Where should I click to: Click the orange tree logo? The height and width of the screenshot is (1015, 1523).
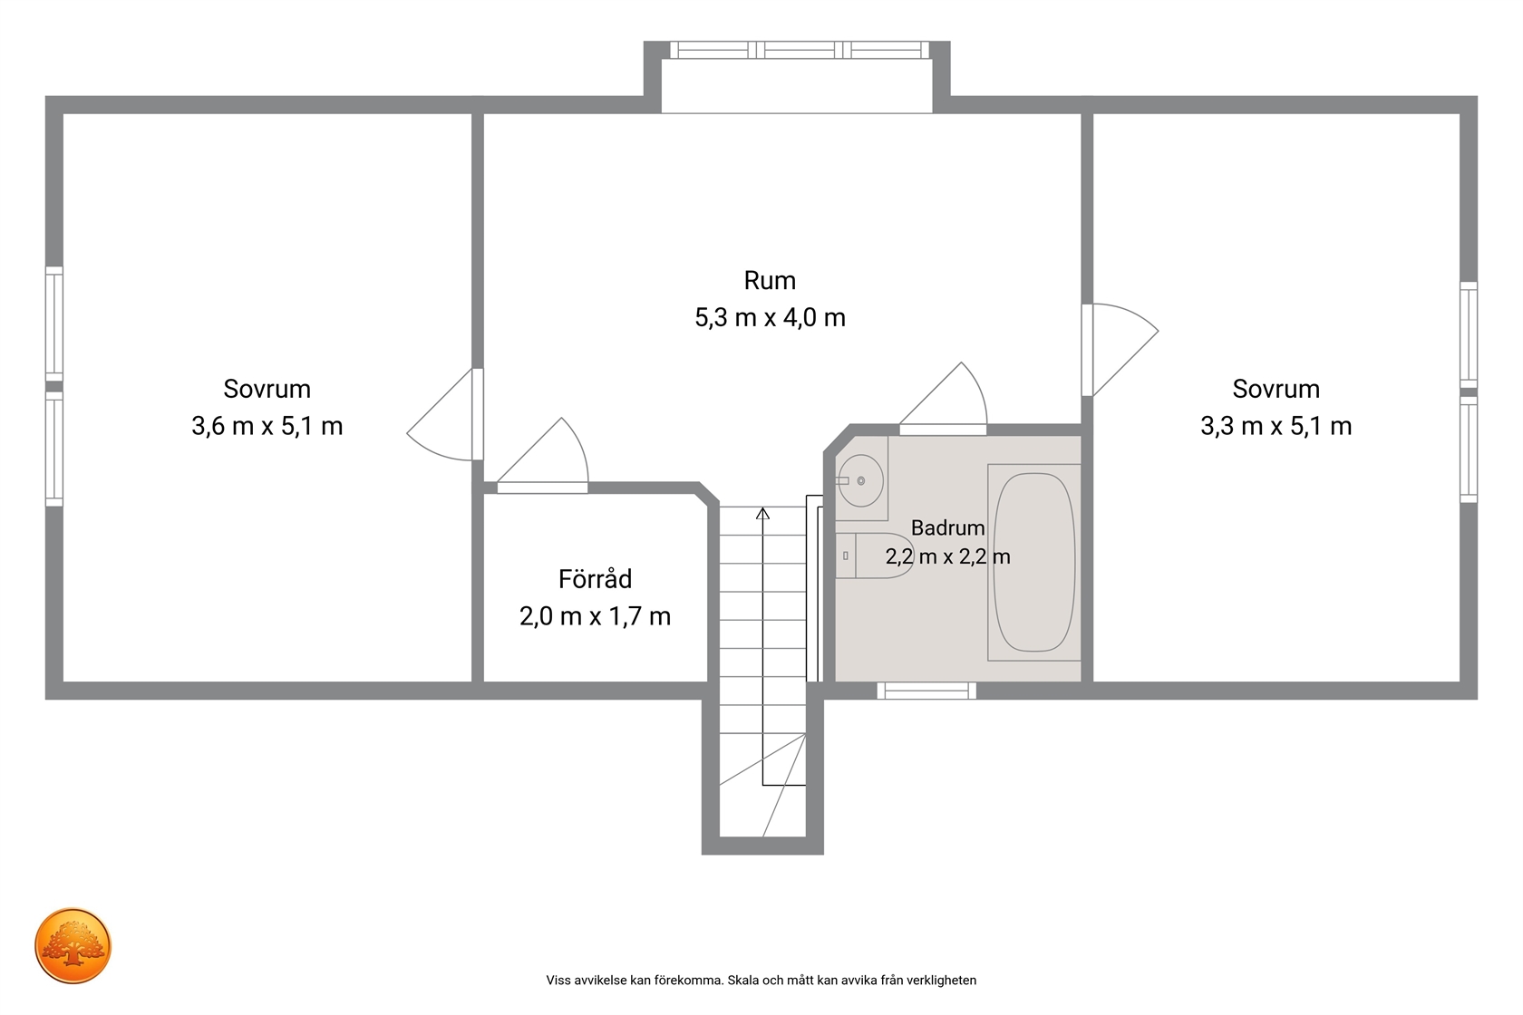[73, 945]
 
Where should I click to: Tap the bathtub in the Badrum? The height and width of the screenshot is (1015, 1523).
[1033, 562]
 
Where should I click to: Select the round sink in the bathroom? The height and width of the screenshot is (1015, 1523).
[860, 480]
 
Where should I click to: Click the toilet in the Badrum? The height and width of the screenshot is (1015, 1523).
[874, 556]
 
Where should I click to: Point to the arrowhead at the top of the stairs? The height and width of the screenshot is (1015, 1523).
[763, 513]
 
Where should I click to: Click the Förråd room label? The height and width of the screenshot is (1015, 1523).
[595, 578]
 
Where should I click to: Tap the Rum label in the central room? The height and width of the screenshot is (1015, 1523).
[770, 280]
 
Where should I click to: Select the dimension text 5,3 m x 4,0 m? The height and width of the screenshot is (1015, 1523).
[770, 317]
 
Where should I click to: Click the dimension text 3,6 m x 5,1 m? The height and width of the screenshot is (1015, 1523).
[267, 426]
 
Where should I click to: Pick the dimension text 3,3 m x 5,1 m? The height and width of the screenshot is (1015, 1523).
[1276, 426]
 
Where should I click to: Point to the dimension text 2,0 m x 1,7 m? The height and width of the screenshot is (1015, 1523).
[595, 616]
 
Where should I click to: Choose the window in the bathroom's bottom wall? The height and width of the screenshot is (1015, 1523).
[926, 691]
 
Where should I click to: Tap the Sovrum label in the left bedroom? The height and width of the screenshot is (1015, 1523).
[267, 389]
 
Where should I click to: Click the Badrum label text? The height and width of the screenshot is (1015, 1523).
[948, 527]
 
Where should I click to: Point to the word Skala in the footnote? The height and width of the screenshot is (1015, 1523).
[743, 981]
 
